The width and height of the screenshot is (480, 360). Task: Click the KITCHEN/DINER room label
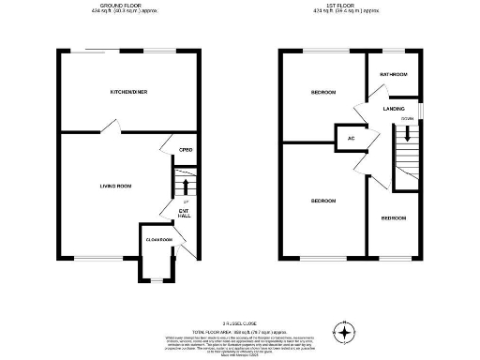point(129,92)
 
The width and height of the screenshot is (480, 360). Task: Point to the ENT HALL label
point(185,213)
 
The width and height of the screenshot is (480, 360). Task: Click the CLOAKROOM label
point(158,240)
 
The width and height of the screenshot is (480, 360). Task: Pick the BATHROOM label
point(393,73)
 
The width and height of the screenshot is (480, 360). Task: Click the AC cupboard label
point(351,139)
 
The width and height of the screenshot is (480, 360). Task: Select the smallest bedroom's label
point(394,218)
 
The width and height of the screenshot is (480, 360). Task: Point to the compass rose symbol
point(347,334)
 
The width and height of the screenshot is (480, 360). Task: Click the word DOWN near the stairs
point(407,119)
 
